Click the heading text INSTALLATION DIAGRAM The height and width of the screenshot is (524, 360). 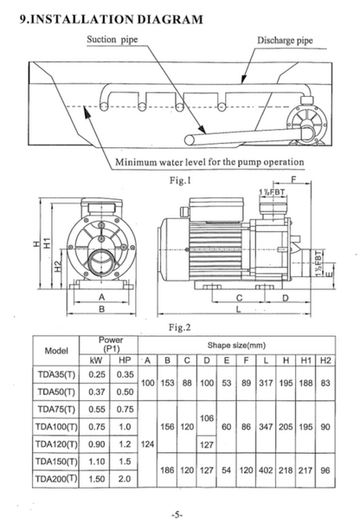[117, 18]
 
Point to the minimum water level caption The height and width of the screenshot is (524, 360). [209, 163]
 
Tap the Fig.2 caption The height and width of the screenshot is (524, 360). [176, 328]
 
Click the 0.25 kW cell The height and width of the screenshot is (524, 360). [97, 375]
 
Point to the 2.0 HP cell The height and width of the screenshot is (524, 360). [125, 477]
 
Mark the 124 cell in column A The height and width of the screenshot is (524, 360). [147, 443]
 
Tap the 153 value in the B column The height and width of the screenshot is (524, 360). [166, 383]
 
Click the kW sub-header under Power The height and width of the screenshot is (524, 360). [97, 359]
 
